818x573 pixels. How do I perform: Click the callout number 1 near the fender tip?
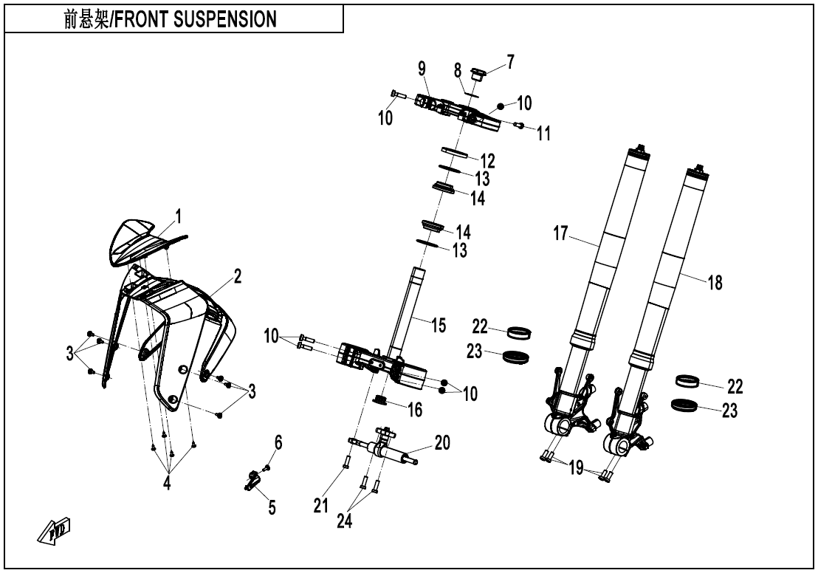coord(177,217)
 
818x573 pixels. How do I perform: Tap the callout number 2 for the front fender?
coord(238,278)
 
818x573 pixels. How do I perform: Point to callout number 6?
coord(278,442)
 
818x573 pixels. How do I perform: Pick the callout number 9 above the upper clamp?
coord(422,69)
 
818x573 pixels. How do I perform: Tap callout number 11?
coord(544,133)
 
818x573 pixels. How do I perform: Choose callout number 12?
coord(487,160)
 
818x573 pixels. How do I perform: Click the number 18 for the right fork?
coord(715,282)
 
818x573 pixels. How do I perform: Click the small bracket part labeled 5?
coord(252,481)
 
